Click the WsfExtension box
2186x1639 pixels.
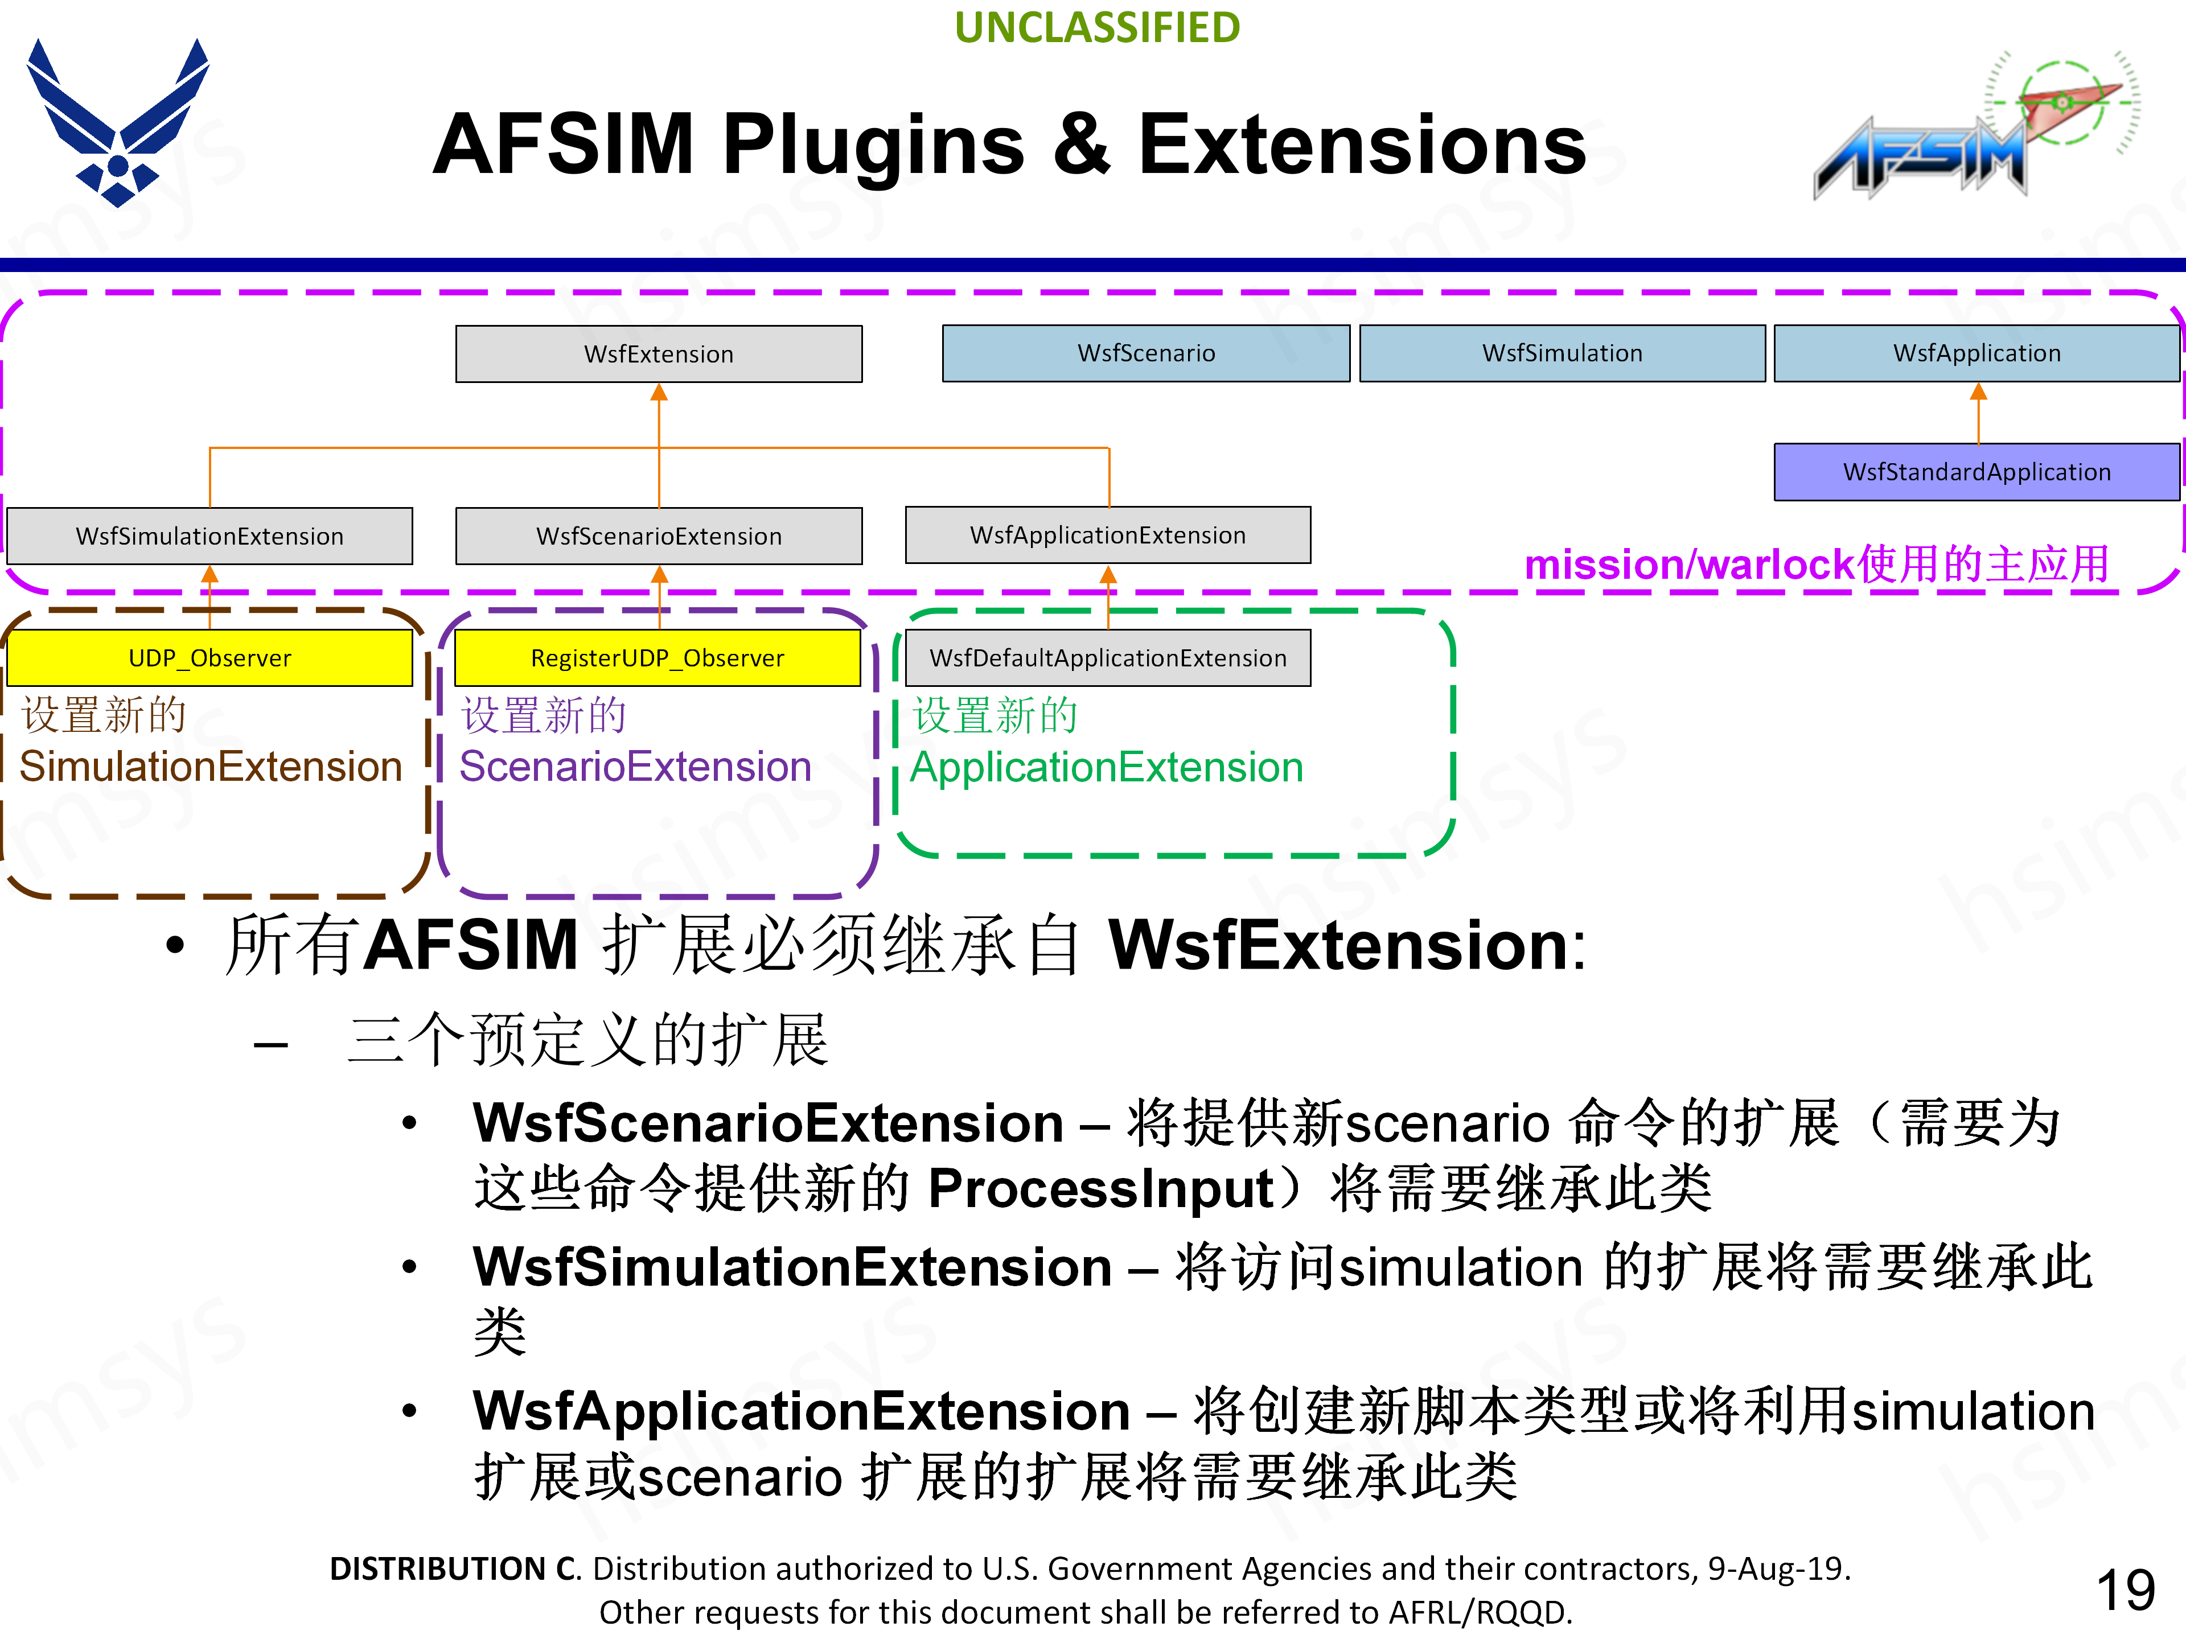658,353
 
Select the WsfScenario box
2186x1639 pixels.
1145,353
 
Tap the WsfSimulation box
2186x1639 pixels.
1562,353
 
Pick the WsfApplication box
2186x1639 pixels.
1977,353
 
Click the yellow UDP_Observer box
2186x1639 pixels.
209,658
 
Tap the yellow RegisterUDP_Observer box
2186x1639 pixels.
657,658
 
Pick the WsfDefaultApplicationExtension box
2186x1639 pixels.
1108,658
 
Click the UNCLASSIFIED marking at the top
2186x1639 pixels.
1097,28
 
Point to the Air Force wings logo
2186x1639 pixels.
118,123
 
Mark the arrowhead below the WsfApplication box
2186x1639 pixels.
1978,392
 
